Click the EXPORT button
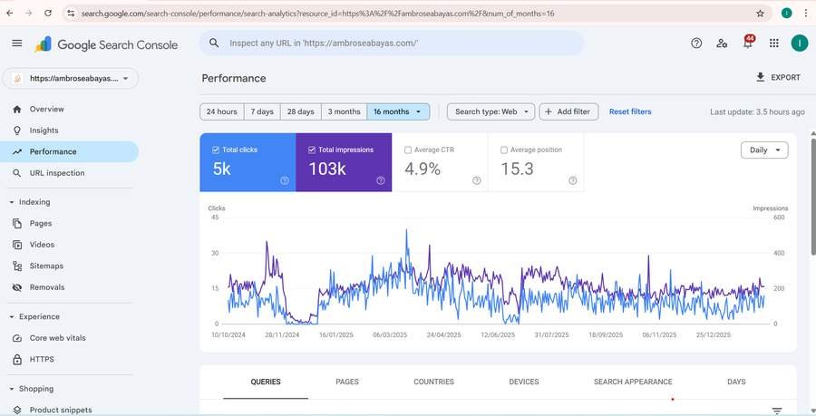pos(778,77)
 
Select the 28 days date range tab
pos(300,111)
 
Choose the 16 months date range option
pos(398,111)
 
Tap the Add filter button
pos(568,111)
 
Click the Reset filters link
pos(630,111)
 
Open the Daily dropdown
pos(764,150)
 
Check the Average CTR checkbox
pos(408,150)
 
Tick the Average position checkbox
pos(504,150)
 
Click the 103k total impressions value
pos(327,169)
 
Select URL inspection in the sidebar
pos(57,173)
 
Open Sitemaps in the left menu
pos(46,266)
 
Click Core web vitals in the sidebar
pos(58,338)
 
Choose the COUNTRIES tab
pos(433,382)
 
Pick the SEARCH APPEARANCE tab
pos(633,382)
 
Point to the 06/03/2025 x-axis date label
pos(390,334)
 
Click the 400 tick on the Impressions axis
pos(779,253)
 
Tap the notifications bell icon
pos(748,44)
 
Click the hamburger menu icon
pos(17,44)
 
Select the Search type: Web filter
pos(491,111)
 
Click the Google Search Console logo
pos(106,44)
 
